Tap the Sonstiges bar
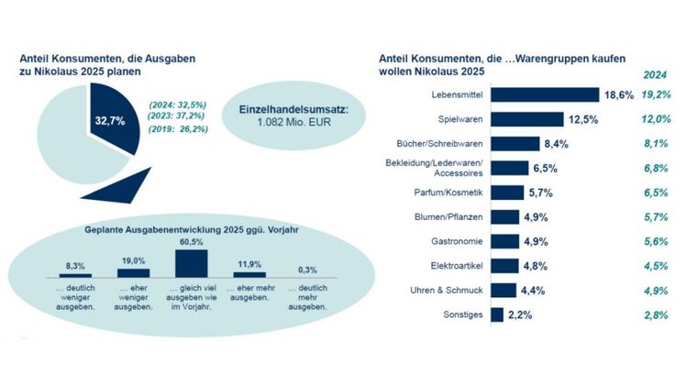point(497,314)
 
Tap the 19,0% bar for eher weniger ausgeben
point(133,272)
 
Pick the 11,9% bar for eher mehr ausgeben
point(249,274)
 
